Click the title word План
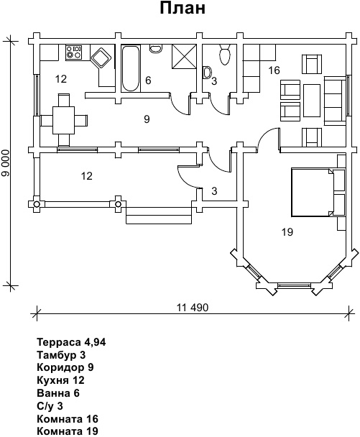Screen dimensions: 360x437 coord(183,9)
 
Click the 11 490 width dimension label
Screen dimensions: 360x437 coord(193,308)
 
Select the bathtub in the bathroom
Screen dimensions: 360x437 coord(131,68)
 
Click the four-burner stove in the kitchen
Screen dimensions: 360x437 coord(74,52)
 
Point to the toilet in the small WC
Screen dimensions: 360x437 coord(225,55)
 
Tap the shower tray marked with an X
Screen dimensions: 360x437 coord(184,56)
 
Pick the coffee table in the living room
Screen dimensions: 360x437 coord(312,101)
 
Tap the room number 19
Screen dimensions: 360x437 coord(287,231)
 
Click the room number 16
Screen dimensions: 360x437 coord(274,70)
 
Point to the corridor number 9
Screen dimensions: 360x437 coord(147,119)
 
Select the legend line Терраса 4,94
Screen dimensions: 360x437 coord(71,342)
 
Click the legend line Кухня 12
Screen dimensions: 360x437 coord(60,380)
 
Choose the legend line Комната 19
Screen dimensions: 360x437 coord(68,431)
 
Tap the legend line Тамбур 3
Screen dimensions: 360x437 coord(61,355)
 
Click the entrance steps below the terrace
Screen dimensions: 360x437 coord(159,216)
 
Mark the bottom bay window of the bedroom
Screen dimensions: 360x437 coord(294,285)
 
